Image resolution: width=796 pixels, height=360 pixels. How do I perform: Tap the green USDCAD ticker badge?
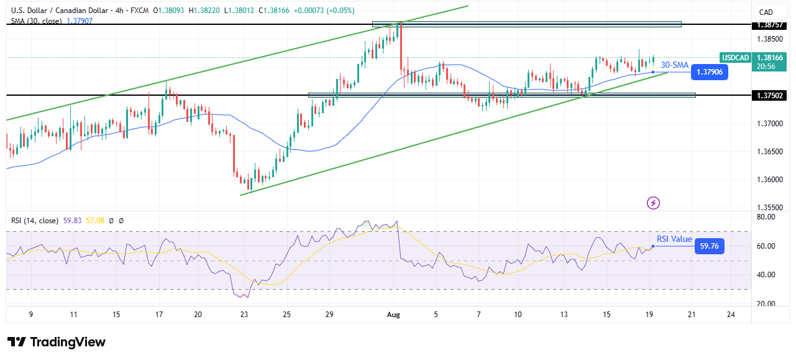coord(735,57)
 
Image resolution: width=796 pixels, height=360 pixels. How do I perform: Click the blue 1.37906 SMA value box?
coord(708,72)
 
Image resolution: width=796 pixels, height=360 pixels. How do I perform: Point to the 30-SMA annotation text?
coord(674,65)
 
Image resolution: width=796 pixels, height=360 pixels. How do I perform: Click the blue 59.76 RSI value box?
coord(708,246)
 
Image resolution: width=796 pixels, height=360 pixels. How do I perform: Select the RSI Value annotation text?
coord(674,239)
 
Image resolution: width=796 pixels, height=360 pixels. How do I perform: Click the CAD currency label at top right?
coord(766,12)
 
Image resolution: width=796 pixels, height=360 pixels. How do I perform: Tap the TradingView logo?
coord(57,342)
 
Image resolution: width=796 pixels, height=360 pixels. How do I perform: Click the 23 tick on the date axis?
coord(244,315)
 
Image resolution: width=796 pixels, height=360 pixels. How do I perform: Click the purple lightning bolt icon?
coord(653,203)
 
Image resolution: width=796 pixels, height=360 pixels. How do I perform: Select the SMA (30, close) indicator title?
coord(36,21)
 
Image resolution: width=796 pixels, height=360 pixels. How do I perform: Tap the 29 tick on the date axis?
coord(329,315)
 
